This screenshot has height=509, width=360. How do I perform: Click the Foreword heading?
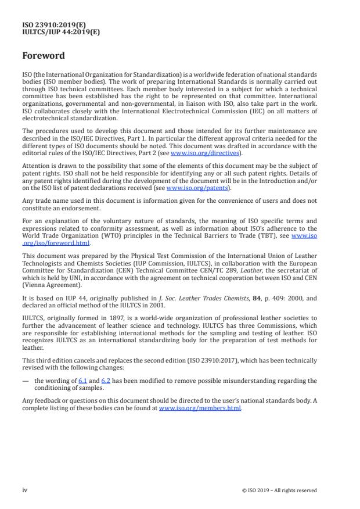pyautogui.click(x=44, y=56)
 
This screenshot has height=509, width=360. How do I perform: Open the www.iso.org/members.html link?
pyautogui.click(x=200, y=408)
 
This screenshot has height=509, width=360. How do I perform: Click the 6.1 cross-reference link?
pyautogui.click(x=82, y=381)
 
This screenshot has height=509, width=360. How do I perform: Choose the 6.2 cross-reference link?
pyautogui.click(x=106, y=381)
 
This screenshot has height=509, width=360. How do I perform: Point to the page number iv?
pyautogui.click(x=25, y=490)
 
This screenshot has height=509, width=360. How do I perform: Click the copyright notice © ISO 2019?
pyautogui.click(x=279, y=490)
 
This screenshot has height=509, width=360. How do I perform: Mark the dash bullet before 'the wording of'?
pyautogui.click(x=26, y=381)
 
